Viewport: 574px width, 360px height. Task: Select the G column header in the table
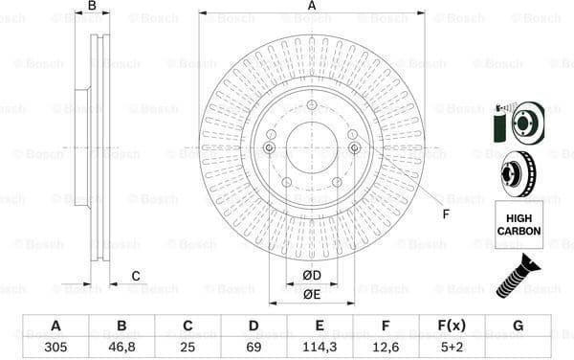518,326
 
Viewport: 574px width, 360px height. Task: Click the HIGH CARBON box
519,225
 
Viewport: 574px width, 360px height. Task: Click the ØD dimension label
312,277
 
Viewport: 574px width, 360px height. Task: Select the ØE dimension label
312,294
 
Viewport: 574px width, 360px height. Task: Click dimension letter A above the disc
312,7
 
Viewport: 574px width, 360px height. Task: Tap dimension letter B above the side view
92,7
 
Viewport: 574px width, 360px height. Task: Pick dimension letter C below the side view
136,277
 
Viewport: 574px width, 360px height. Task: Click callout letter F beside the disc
445,214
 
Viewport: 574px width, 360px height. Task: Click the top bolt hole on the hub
312,105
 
